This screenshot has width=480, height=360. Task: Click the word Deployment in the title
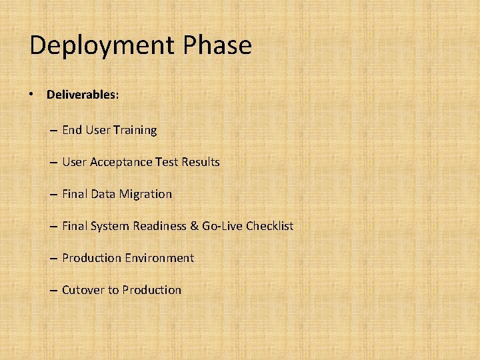pyautogui.click(x=101, y=46)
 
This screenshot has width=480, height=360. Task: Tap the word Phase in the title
pyautogui.click(x=215, y=45)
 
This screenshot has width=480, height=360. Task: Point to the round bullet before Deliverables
pyautogui.click(x=32, y=94)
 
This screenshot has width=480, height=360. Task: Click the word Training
pyautogui.click(x=135, y=130)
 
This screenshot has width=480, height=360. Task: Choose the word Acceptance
pyautogui.click(x=121, y=162)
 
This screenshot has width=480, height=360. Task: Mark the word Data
pyautogui.click(x=103, y=194)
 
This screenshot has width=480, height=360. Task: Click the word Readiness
pyautogui.click(x=159, y=226)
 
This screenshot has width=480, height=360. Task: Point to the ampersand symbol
pyautogui.click(x=195, y=226)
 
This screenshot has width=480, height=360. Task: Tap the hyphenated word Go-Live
pyautogui.click(x=222, y=226)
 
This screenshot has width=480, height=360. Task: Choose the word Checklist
pyautogui.click(x=269, y=226)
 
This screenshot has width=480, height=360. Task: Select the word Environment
pyautogui.click(x=160, y=258)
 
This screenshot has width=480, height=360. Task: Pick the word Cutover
pyautogui.click(x=83, y=290)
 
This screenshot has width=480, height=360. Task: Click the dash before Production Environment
pyautogui.click(x=53, y=258)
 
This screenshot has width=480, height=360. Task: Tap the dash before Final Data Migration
pyautogui.click(x=53, y=194)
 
